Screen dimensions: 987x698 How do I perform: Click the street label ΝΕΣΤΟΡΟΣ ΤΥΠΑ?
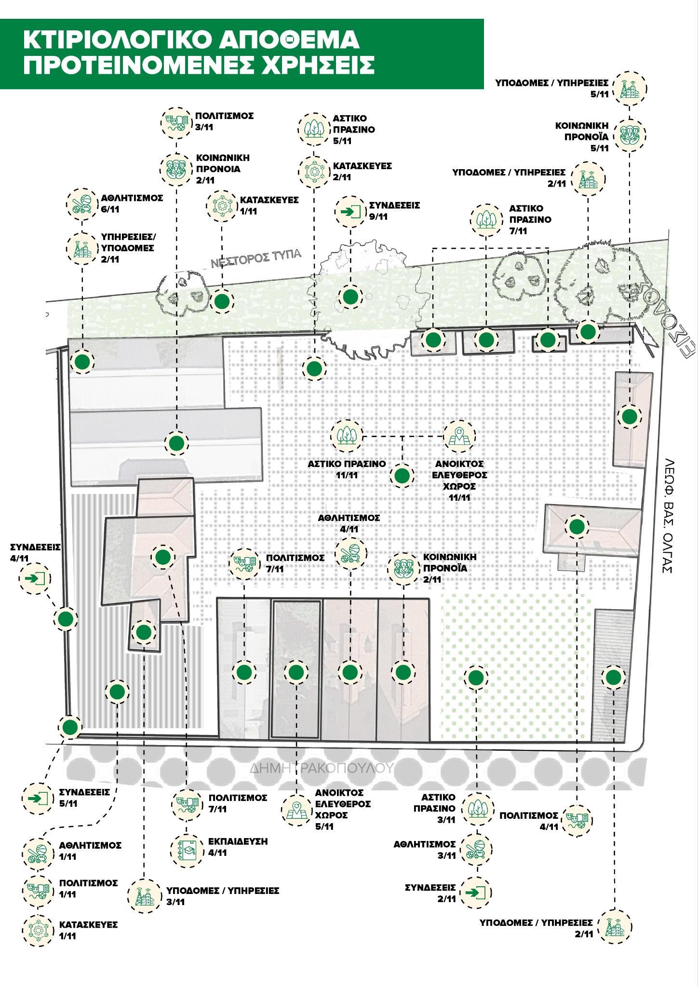(x=255, y=258)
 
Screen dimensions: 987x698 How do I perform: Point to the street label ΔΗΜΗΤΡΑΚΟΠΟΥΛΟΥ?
(x=322, y=767)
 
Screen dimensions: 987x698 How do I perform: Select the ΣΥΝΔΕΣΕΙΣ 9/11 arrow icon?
(x=350, y=211)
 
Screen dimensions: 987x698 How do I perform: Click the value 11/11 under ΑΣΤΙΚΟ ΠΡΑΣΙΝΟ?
(x=347, y=475)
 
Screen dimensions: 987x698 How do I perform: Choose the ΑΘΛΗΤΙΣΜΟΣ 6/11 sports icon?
(x=81, y=204)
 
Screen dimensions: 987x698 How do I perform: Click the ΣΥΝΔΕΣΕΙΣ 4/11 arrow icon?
(x=35, y=577)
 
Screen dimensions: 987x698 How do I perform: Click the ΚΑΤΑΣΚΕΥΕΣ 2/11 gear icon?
(x=314, y=171)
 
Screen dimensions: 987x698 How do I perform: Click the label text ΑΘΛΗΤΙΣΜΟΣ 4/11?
(x=349, y=523)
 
